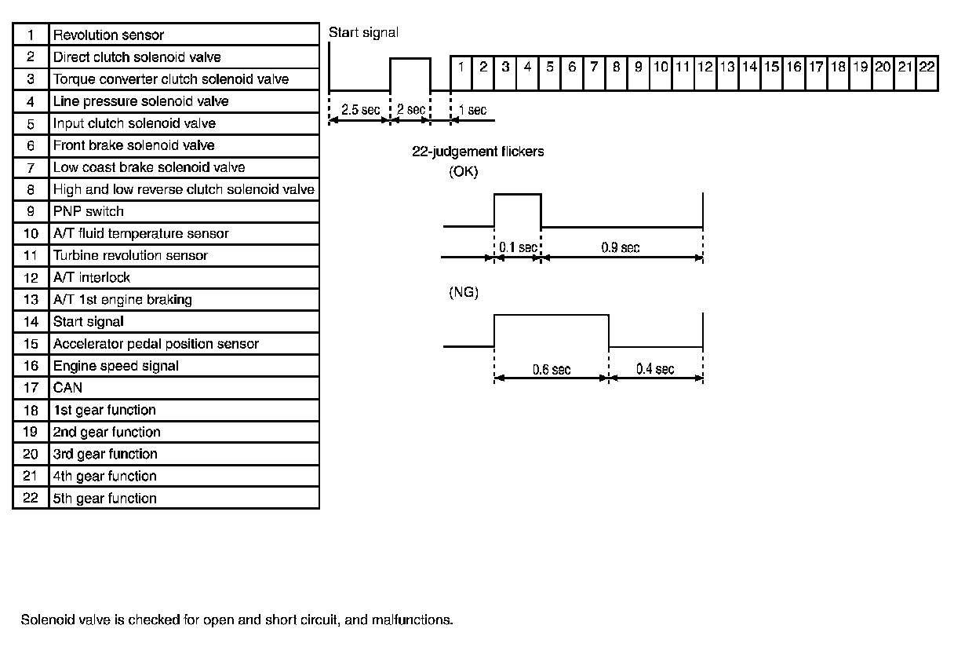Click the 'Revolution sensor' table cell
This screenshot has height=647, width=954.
pyautogui.click(x=108, y=35)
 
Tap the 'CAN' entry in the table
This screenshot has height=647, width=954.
pyautogui.click(x=67, y=387)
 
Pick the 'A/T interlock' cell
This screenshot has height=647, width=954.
pyautogui.click(x=91, y=277)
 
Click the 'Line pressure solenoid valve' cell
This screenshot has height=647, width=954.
pyautogui.click(x=140, y=101)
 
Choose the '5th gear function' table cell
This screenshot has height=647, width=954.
pyautogui.click(x=104, y=498)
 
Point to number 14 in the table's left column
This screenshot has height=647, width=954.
pyautogui.click(x=31, y=321)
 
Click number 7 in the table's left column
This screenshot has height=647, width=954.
pyautogui.click(x=31, y=167)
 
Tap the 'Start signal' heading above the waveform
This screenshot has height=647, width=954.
pyautogui.click(x=363, y=32)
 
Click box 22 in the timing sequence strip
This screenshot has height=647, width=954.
pyautogui.click(x=927, y=67)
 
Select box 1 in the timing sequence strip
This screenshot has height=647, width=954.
pyautogui.click(x=462, y=67)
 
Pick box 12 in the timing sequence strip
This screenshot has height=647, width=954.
pyautogui.click(x=705, y=67)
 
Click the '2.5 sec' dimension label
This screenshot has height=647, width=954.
pyautogui.click(x=361, y=110)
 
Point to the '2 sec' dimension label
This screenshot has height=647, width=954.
pyautogui.click(x=410, y=110)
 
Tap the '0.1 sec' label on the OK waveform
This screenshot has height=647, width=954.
pyautogui.click(x=518, y=247)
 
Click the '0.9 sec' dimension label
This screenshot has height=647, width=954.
pyautogui.click(x=620, y=247)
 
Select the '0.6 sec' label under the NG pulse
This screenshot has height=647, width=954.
pyautogui.click(x=552, y=369)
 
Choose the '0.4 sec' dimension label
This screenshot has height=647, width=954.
pyautogui.click(x=654, y=369)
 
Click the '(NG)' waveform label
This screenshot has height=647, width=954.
pyautogui.click(x=463, y=292)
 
